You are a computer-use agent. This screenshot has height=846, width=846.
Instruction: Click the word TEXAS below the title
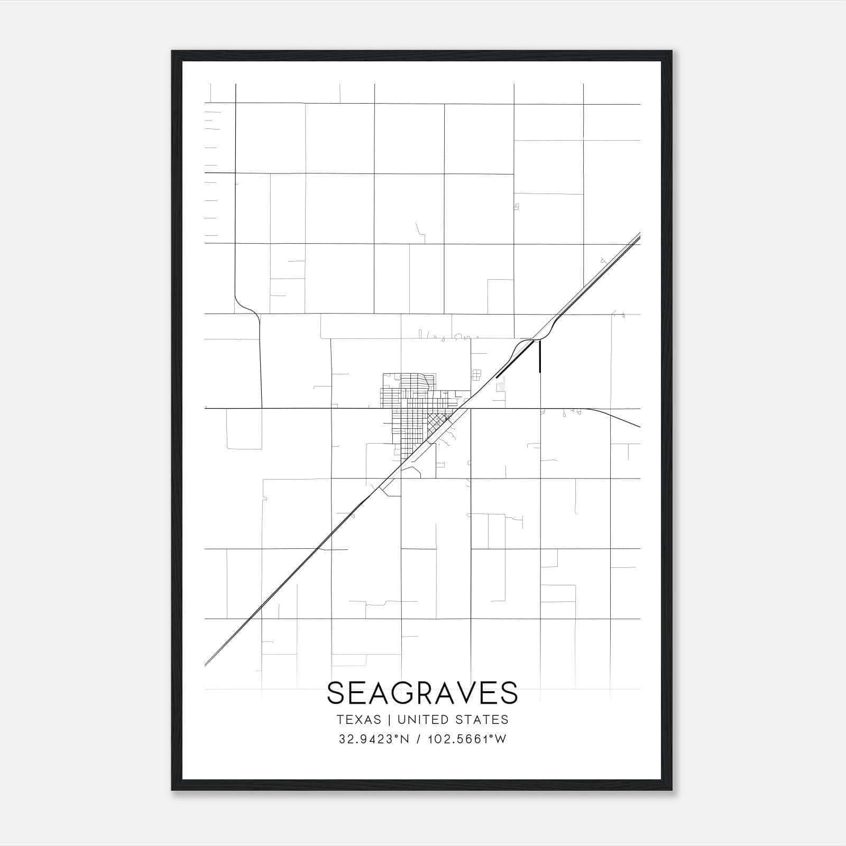pos(358,720)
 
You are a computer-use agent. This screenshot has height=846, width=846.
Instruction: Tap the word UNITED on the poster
pos(421,720)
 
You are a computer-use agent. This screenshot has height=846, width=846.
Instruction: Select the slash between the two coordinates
pos(418,739)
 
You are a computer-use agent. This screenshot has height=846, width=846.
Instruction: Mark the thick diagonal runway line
pos(514,359)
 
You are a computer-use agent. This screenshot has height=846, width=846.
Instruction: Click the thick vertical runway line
pos(539,357)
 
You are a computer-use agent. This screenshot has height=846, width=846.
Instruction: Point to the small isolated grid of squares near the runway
pos(477,375)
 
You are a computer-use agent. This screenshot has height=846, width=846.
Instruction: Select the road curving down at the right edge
pos(616,417)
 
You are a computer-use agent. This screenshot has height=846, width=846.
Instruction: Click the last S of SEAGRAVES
pos(509,693)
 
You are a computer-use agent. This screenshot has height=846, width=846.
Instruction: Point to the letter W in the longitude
pos(501,739)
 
